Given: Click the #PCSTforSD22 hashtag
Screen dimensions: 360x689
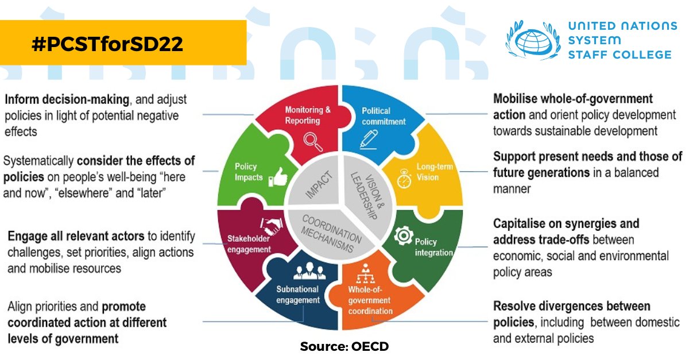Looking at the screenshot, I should coord(109,44).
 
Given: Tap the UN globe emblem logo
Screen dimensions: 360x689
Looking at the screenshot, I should coord(532,40).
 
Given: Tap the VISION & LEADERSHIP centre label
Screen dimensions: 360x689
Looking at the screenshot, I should coord(366,196).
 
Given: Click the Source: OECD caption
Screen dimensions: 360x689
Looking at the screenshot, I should coord(344,346).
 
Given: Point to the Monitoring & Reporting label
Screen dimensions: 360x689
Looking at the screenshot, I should coord(308,115).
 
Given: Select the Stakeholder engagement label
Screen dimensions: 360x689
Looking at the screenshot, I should coord(249,244).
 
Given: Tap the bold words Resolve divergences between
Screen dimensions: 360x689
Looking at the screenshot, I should coord(571,305).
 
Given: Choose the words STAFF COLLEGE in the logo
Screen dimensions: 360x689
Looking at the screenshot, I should coord(619,55).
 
